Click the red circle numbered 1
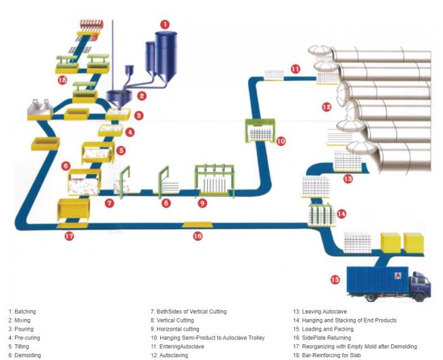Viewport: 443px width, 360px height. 164,23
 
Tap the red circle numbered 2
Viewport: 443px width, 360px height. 142,96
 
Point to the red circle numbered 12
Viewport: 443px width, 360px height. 326,106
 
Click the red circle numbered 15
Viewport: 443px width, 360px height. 335,279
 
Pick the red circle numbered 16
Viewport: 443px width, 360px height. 198,236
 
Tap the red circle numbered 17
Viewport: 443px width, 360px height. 69,236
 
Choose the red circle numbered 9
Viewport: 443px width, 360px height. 202,202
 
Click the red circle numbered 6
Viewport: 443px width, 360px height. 65,166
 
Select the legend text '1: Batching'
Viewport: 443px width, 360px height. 22,312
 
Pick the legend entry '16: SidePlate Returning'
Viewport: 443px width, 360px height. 322,337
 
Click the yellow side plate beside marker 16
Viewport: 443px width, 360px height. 197,224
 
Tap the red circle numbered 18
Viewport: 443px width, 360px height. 63,80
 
